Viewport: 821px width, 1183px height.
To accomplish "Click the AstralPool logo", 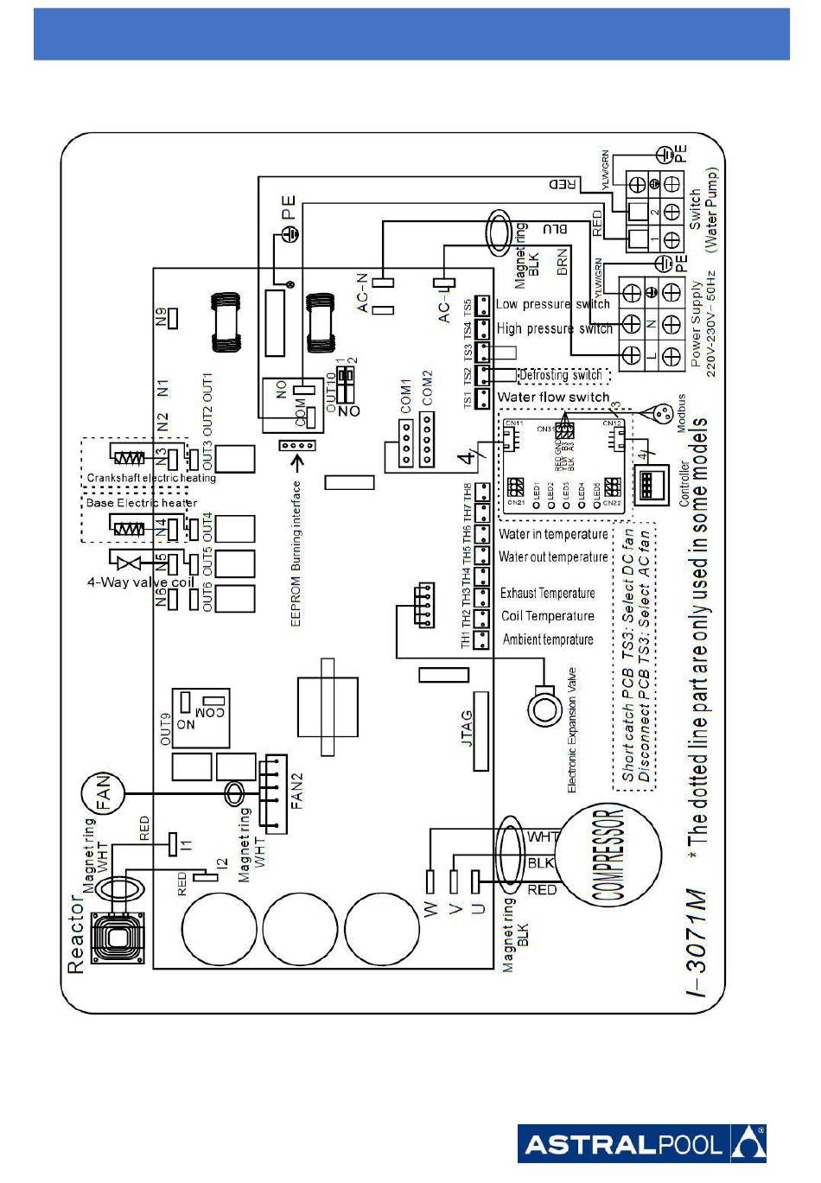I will click(641, 1144).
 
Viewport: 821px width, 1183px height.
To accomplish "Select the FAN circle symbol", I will click(104, 792).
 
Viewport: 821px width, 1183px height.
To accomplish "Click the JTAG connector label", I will click(468, 728).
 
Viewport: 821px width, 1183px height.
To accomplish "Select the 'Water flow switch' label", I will click(553, 397).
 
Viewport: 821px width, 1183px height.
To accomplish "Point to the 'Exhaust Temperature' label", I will click(547, 594).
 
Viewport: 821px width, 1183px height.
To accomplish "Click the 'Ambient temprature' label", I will click(548, 639).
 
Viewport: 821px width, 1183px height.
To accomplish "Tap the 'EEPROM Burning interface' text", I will click(296, 553).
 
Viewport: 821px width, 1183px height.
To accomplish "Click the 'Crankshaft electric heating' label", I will click(150, 478).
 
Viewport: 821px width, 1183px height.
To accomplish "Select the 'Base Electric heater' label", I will click(142, 502).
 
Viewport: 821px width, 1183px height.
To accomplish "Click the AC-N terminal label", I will click(363, 292).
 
